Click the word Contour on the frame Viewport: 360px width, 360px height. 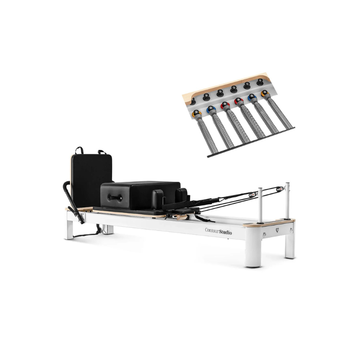211,230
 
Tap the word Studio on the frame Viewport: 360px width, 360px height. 225,232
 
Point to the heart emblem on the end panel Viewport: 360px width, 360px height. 277,230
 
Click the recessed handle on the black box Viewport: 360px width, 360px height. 115,198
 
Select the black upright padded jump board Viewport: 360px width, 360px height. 91,180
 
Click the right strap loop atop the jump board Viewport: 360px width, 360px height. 102,152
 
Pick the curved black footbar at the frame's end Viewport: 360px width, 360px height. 73,202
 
